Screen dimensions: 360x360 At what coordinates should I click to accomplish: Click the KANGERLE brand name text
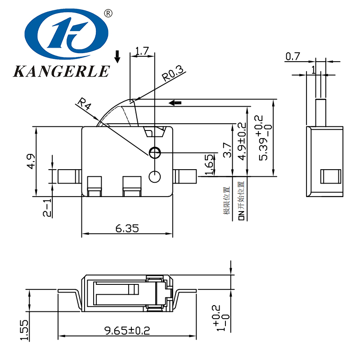(x=61, y=71)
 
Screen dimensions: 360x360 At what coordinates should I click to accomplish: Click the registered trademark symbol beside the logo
(x=108, y=13)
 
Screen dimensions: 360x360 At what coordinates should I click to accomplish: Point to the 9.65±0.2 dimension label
(x=127, y=331)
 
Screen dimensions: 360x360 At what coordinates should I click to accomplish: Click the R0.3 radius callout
(x=173, y=74)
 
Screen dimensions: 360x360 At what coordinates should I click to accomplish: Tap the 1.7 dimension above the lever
(x=142, y=51)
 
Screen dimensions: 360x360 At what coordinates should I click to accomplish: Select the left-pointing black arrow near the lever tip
(x=175, y=103)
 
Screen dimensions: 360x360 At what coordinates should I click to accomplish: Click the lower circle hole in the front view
(x=154, y=176)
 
